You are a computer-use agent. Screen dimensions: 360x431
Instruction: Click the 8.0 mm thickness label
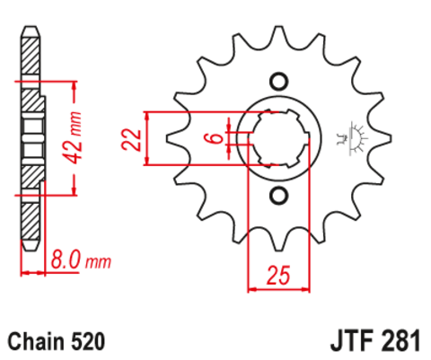[x=81, y=261]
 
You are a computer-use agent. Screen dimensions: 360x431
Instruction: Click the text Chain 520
[x=57, y=341]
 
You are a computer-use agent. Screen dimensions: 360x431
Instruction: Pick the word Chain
[x=37, y=341]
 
